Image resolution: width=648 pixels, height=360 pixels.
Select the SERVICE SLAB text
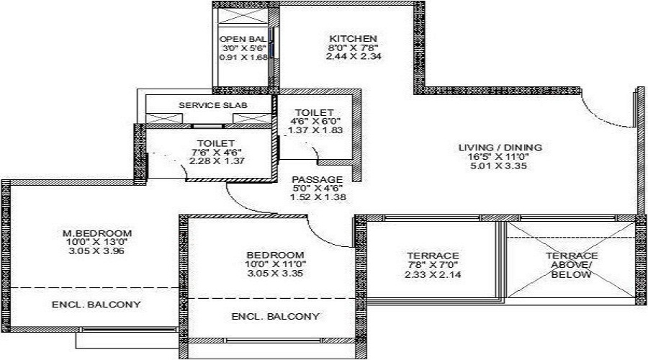click(x=212, y=105)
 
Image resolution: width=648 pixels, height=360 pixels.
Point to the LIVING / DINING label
click(x=500, y=148)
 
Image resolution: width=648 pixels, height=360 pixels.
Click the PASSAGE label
click(x=317, y=179)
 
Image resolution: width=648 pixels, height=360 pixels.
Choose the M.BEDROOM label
click(x=96, y=233)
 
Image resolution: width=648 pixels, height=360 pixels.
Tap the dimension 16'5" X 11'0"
click(x=500, y=156)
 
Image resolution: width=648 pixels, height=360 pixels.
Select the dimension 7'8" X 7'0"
click(x=431, y=266)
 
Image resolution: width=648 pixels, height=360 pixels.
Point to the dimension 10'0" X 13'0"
click(x=96, y=242)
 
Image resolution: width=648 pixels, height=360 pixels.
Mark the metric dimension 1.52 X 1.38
click(x=317, y=197)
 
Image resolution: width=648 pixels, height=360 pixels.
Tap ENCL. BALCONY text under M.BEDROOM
click(x=96, y=305)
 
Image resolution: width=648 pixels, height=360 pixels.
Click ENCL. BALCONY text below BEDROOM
click(x=275, y=316)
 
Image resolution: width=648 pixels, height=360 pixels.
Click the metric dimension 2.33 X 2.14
click(x=431, y=274)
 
